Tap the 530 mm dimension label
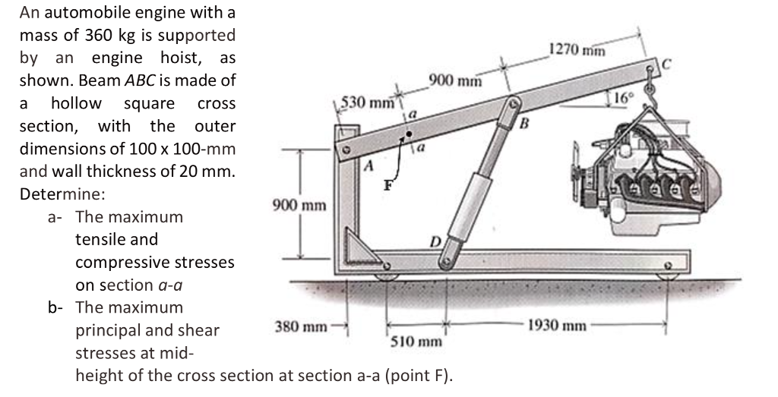[368, 102]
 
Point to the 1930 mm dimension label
[558, 326]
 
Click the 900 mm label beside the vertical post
[299, 205]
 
